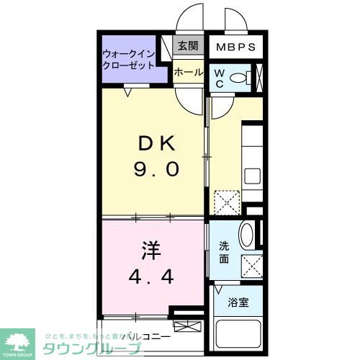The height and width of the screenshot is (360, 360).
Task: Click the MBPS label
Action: pos(237,48)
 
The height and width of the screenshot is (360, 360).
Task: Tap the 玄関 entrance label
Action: pos(189,46)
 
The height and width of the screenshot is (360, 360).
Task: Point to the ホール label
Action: pos(189,72)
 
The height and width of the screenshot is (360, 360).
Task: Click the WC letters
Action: pos(218,76)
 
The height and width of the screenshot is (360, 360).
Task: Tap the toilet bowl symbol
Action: pos(243,76)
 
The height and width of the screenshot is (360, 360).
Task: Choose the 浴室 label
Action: pos(238,303)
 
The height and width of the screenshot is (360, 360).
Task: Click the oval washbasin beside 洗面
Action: pos(246,235)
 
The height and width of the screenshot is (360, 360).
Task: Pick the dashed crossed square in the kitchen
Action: pos(227,201)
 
